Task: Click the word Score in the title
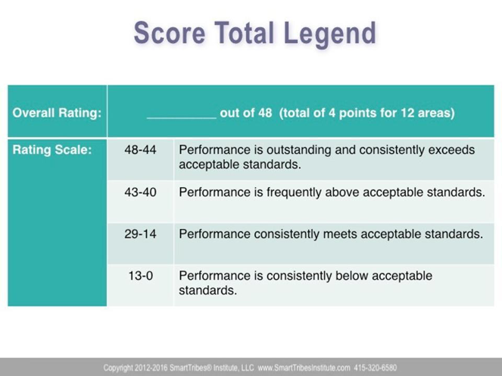point(170,33)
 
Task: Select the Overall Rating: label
point(57,113)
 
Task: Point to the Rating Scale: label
point(52,150)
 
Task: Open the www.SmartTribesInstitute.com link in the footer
point(304,368)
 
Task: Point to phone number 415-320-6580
point(376,368)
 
